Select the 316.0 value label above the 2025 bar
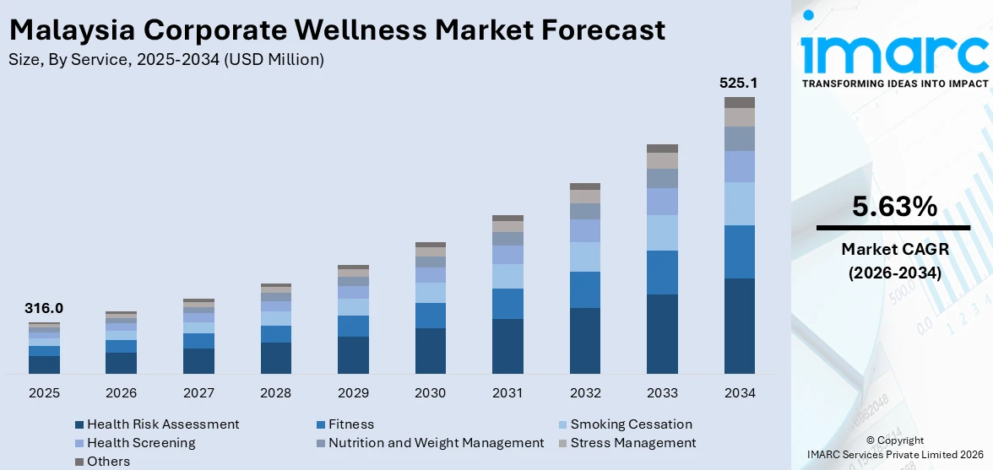pyautogui.click(x=44, y=309)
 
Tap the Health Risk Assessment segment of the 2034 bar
pyautogui.click(x=740, y=326)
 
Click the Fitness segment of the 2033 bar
pyautogui.click(x=662, y=272)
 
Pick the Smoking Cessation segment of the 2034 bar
pyautogui.click(x=740, y=203)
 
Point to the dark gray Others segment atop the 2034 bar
pyautogui.click(x=740, y=102)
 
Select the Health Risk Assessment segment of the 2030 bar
pyautogui.click(x=430, y=350)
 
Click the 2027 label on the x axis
pyautogui.click(x=198, y=393)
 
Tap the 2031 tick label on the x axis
pyautogui.click(x=507, y=393)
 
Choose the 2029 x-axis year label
pyautogui.click(x=353, y=393)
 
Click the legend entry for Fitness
pyautogui.click(x=350, y=424)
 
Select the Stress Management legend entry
pyautogui.click(x=632, y=443)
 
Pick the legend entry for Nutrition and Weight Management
pyautogui.click(x=436, y=443)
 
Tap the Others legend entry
pyautogui.click(x=108, y=462)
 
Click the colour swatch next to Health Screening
pyautogui.click(x=79, y=443)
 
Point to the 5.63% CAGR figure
pyautogui.click(x=894, y=207)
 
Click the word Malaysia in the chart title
pyautogui.click(x=71, y=30)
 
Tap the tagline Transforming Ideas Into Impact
pyautogui.click(x=894, y=84)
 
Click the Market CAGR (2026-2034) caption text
pyautogui.click(x=894, y=261)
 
